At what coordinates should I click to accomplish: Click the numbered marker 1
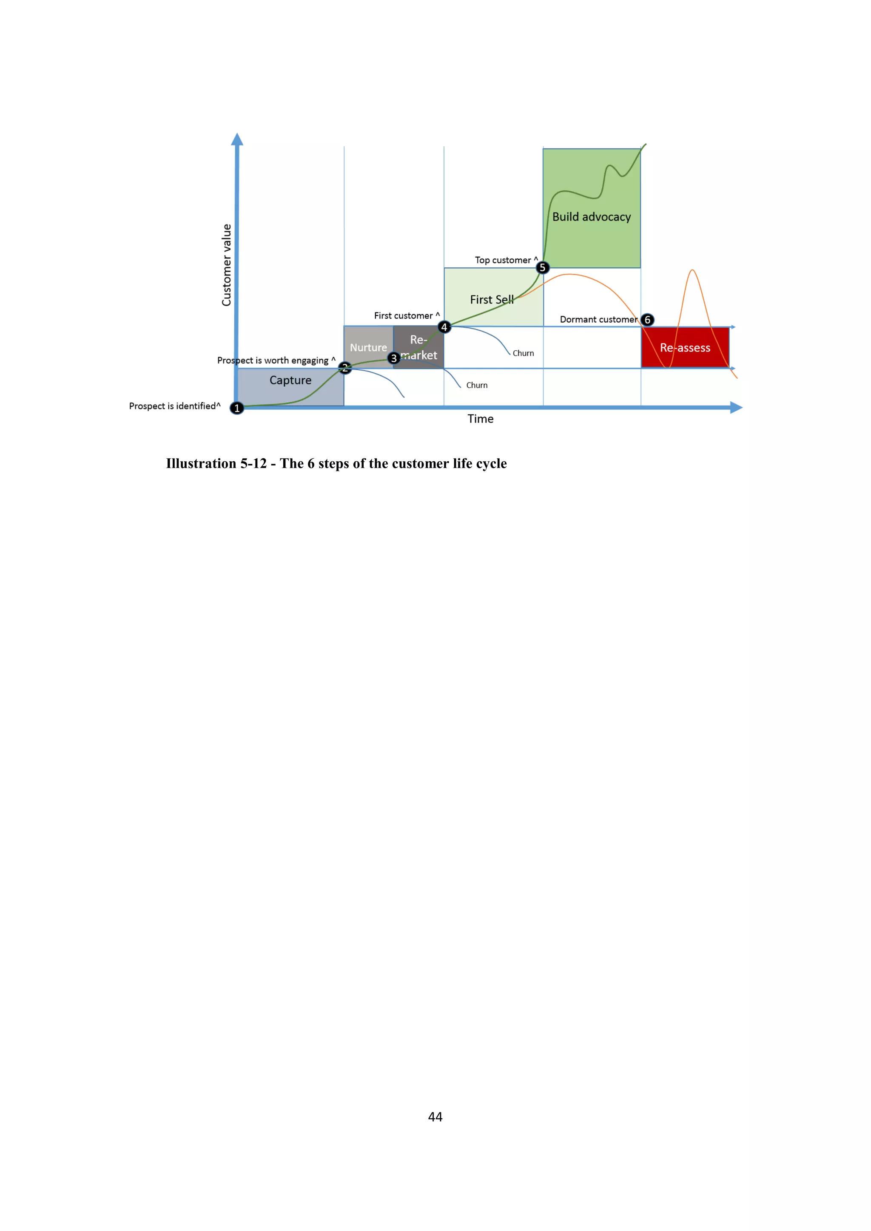[x=236, y=408]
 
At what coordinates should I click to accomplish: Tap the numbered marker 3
[x=394, y=358]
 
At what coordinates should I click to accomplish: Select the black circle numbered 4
[x=444, y=327]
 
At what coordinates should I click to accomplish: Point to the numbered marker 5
[x=542, y=267]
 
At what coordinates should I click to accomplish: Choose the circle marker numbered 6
[x=647, y=320]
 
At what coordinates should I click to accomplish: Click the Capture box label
[x=290, y=380]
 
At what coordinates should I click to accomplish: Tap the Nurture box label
[x=368, y=347]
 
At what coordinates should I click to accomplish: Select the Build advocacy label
[x=591, y=217]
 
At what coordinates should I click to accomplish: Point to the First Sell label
[x=491, y=300]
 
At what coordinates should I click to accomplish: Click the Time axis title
[x=480, y=419]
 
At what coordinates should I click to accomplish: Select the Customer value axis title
[x=226, y=265]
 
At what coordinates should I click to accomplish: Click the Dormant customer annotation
[x=598, y=320]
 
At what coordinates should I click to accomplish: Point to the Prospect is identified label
[x=173, y=406]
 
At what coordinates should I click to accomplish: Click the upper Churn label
[x=523, y=353]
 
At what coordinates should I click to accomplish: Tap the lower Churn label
[x=477, y=385]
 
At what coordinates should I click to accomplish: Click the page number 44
[x=435, y=1116]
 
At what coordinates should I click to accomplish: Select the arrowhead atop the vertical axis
[x=237, y=139]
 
